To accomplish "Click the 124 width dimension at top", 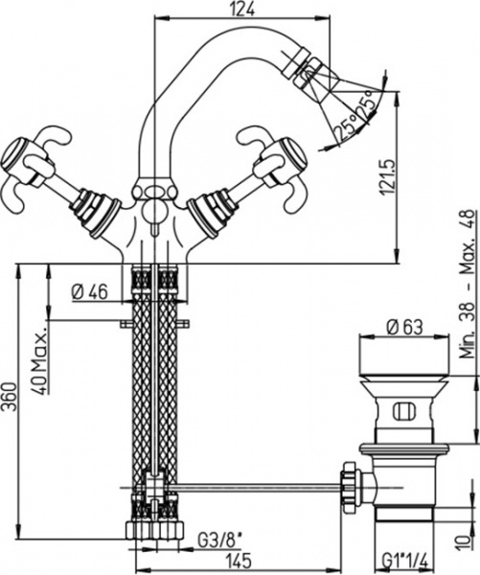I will coord(244,10).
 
